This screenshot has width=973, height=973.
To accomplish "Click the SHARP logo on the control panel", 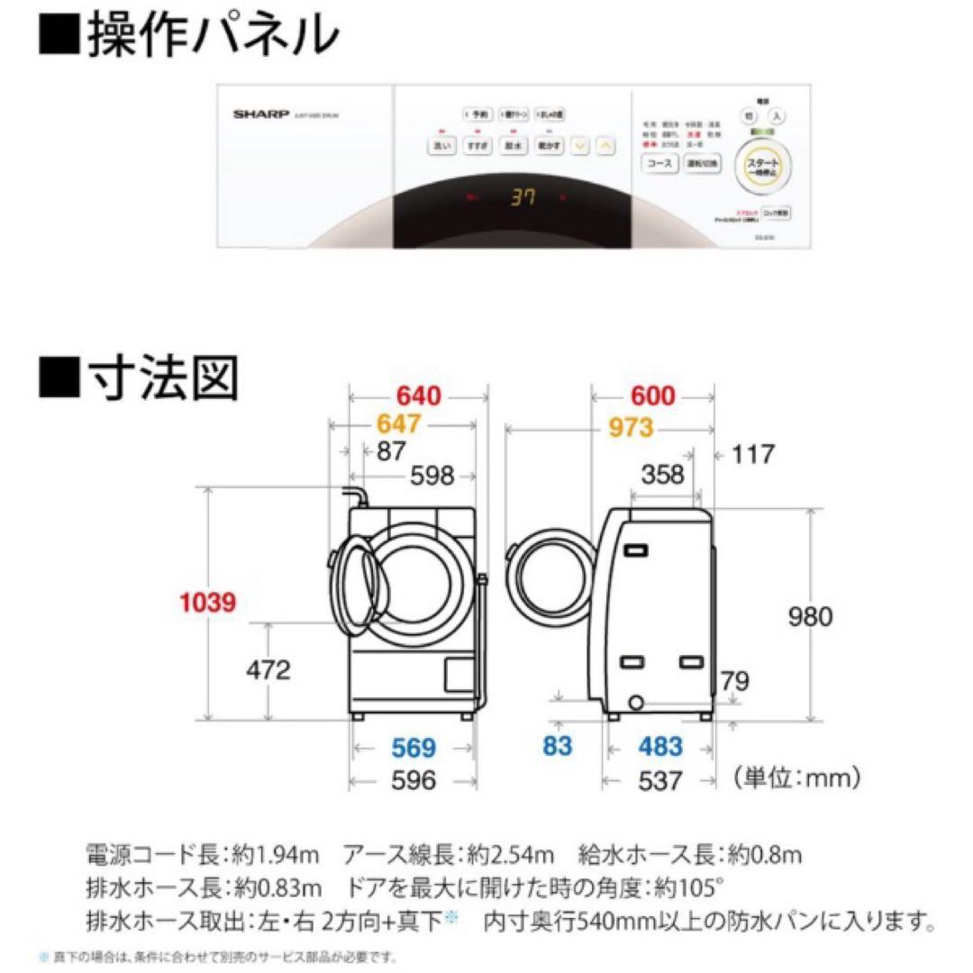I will click(x=260, y=115).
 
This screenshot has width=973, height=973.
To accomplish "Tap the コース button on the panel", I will click(x=658, y=164).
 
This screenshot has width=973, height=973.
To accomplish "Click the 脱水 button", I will click(x=514, y=145).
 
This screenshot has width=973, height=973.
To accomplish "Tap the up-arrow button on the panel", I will click(x=606, y=145).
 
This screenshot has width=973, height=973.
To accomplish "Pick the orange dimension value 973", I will click(x=630, y=428).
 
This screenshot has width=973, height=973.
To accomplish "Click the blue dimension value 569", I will click(x=414, y=748).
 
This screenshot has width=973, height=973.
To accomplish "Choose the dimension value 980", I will click(x=810, y=616).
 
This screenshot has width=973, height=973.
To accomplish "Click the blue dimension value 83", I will click(x=558, y=747).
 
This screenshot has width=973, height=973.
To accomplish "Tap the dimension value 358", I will click(x=662, y=474).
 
